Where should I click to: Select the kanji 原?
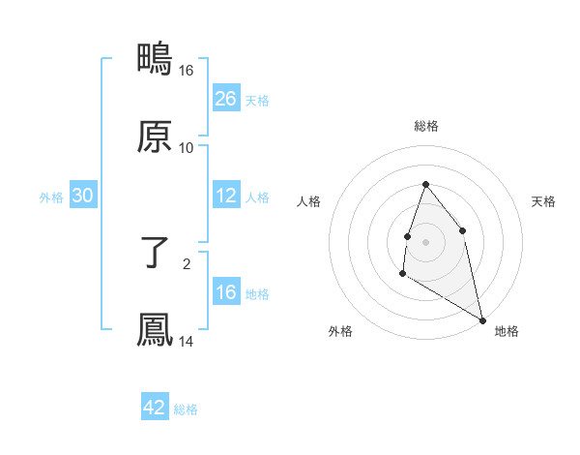155,136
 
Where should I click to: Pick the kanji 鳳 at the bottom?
155,330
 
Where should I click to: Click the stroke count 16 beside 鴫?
187,71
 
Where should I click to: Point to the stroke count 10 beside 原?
187,148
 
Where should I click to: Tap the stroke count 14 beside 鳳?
187,342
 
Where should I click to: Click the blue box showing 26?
226,99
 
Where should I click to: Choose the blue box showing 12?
226,197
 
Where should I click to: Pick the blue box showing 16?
226,292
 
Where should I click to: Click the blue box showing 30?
83,197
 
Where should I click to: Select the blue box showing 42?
155,408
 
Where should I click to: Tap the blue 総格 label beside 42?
186,409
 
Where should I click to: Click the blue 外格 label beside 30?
51,197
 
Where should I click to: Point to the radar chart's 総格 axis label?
425,126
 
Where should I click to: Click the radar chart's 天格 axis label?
543,201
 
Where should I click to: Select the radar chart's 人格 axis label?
309,201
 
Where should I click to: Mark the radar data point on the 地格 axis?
481,318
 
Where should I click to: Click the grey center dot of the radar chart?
425,241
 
